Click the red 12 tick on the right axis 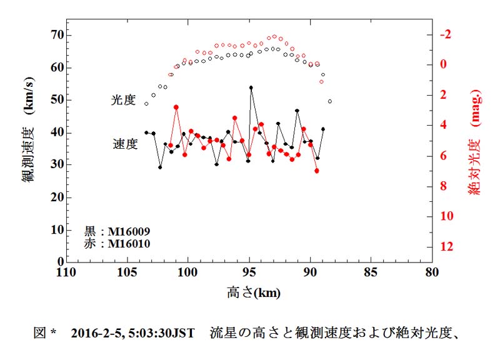coord(447,247)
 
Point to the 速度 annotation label coord(124,144)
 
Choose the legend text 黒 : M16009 coord(117,231)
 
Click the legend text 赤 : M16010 coord(117,244)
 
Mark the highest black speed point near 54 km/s coord(251,88)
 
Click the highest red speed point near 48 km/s coord(176,107)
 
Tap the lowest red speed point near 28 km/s coord(317,171)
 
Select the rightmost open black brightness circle coord(330,101)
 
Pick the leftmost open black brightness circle coord(147,104)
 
